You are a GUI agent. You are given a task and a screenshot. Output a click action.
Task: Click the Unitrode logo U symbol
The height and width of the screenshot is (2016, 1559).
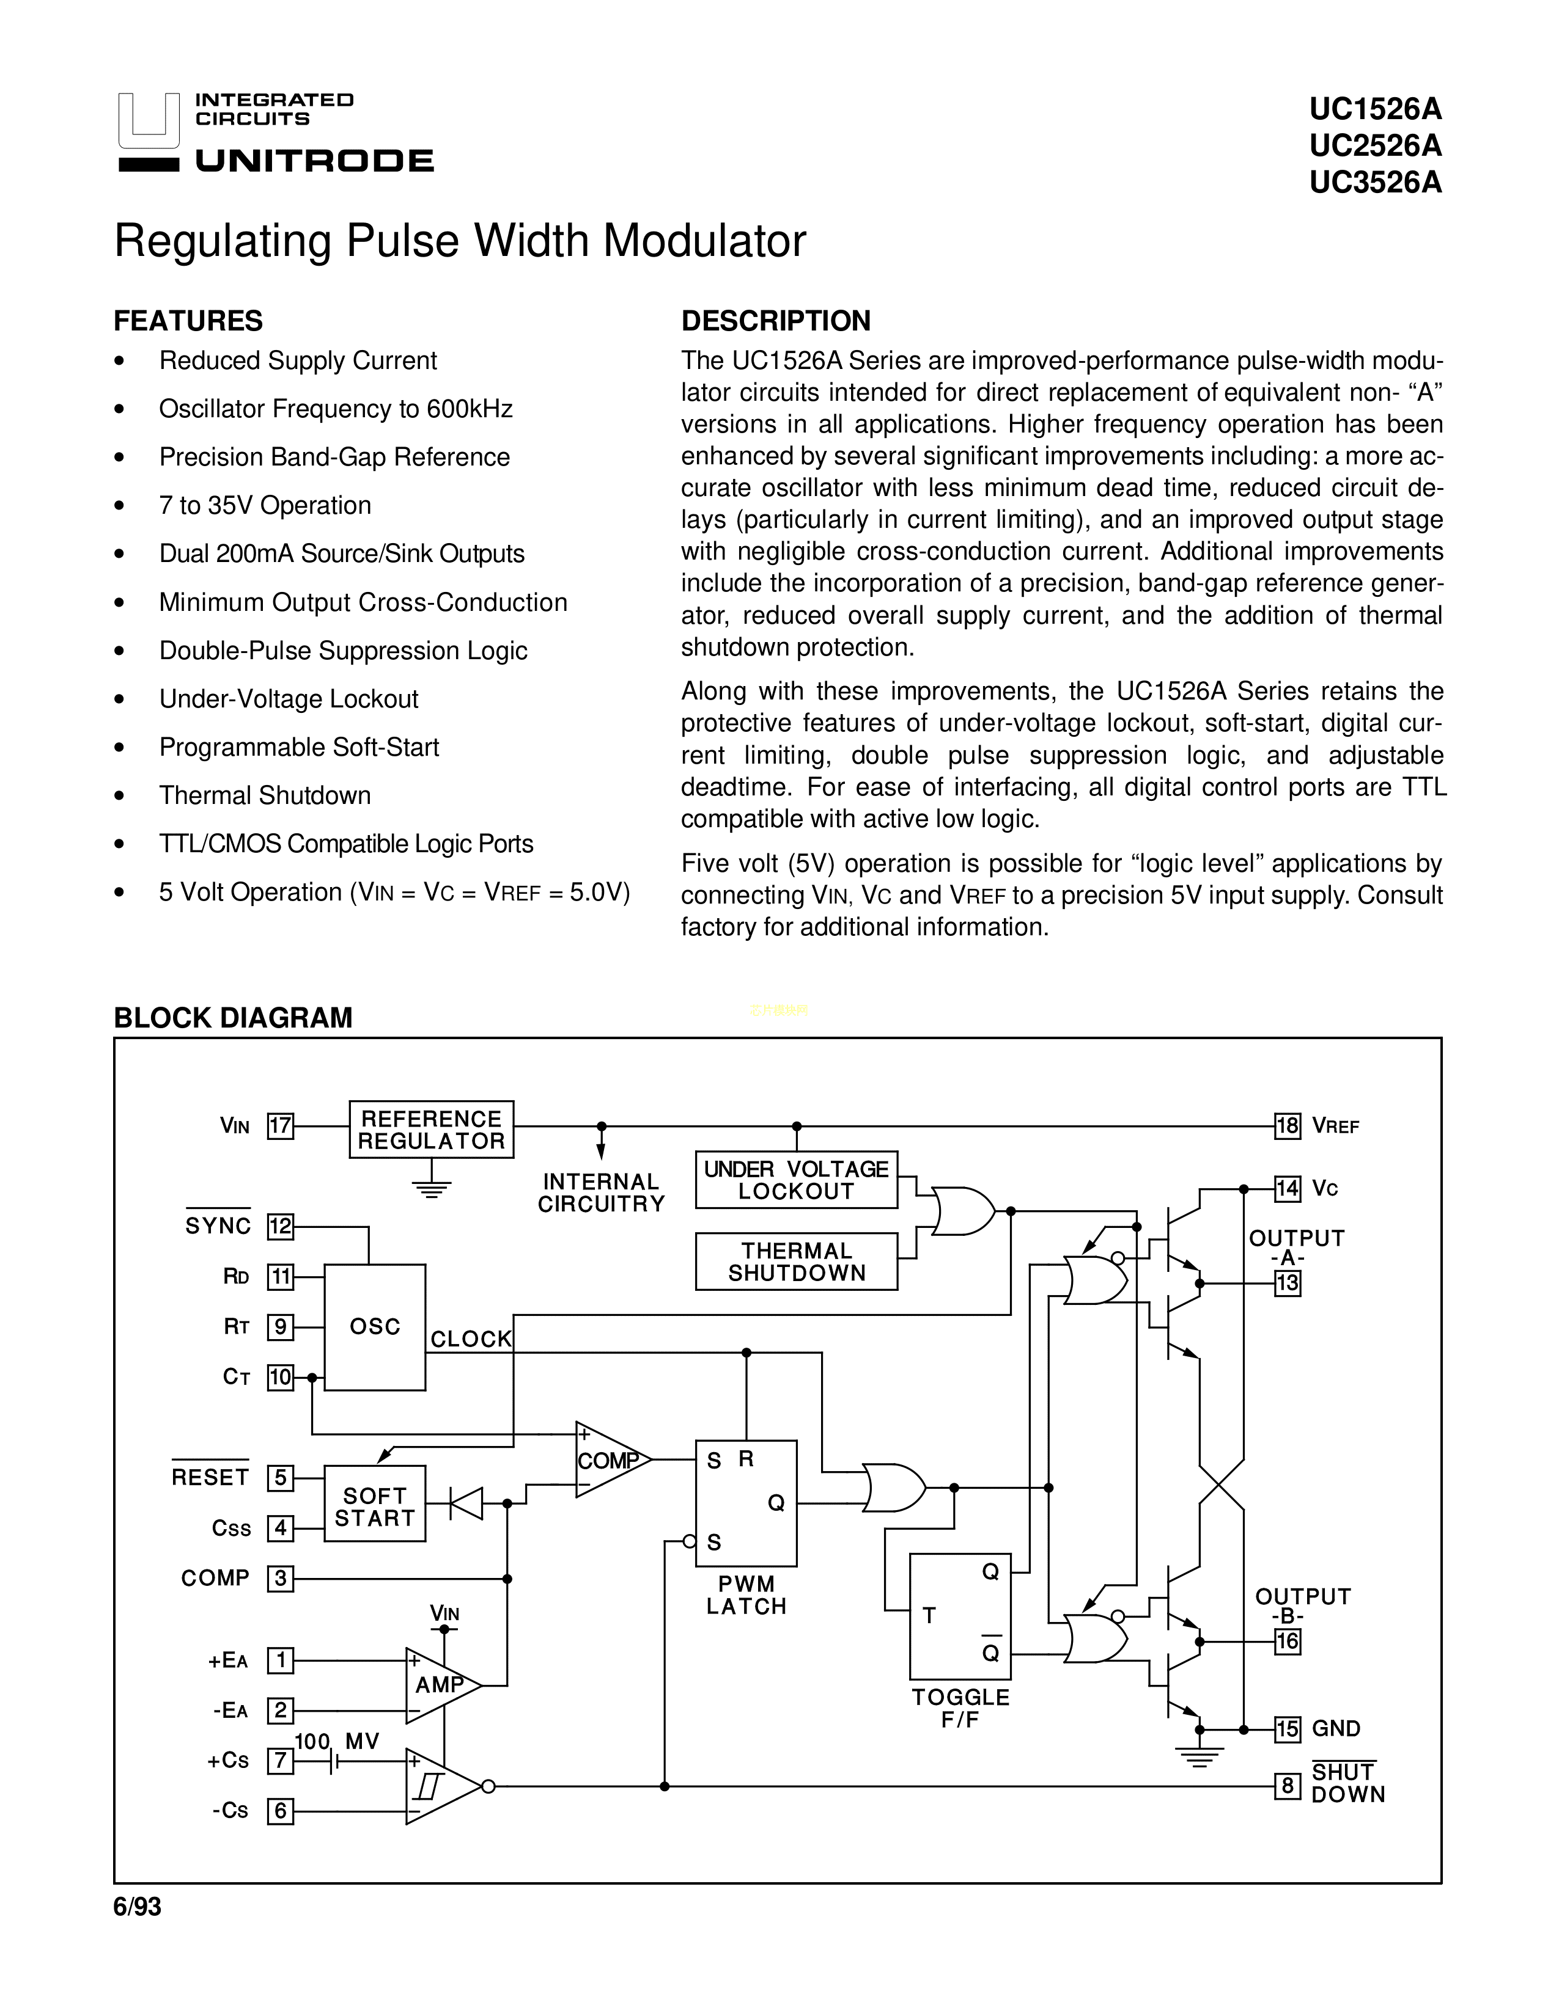[x=149, y=122]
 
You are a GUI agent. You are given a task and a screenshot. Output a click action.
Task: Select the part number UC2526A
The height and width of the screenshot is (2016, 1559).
[x=1374, y=146]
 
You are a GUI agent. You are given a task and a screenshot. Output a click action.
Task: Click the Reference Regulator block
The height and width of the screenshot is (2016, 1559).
[x=431, y=1129]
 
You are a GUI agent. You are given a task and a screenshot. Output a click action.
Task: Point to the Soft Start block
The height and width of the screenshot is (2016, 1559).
[x=374, y=1507]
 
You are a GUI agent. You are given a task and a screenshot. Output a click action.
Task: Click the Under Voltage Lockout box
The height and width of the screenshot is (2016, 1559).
[x=796, y=1180]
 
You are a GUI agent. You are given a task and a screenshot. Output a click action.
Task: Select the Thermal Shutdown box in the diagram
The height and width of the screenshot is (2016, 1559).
[x=796, y=1262]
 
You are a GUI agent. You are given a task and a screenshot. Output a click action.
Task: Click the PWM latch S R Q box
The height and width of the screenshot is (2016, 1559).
[x=746, y=1503]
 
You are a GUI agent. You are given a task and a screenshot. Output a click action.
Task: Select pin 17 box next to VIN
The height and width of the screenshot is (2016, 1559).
[x=280, y=1126]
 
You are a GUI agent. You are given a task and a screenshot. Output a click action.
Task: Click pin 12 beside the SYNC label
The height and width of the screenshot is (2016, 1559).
[x=280, y=1227]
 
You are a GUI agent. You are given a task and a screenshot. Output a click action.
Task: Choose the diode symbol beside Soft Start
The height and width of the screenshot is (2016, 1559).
[x=466, y=1503]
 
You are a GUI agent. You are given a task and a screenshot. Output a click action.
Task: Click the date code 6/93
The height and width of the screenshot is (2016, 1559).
[x=138, y=1906]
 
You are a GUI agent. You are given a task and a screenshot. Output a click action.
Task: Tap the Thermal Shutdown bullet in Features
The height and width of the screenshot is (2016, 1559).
[x=265, y=795]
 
